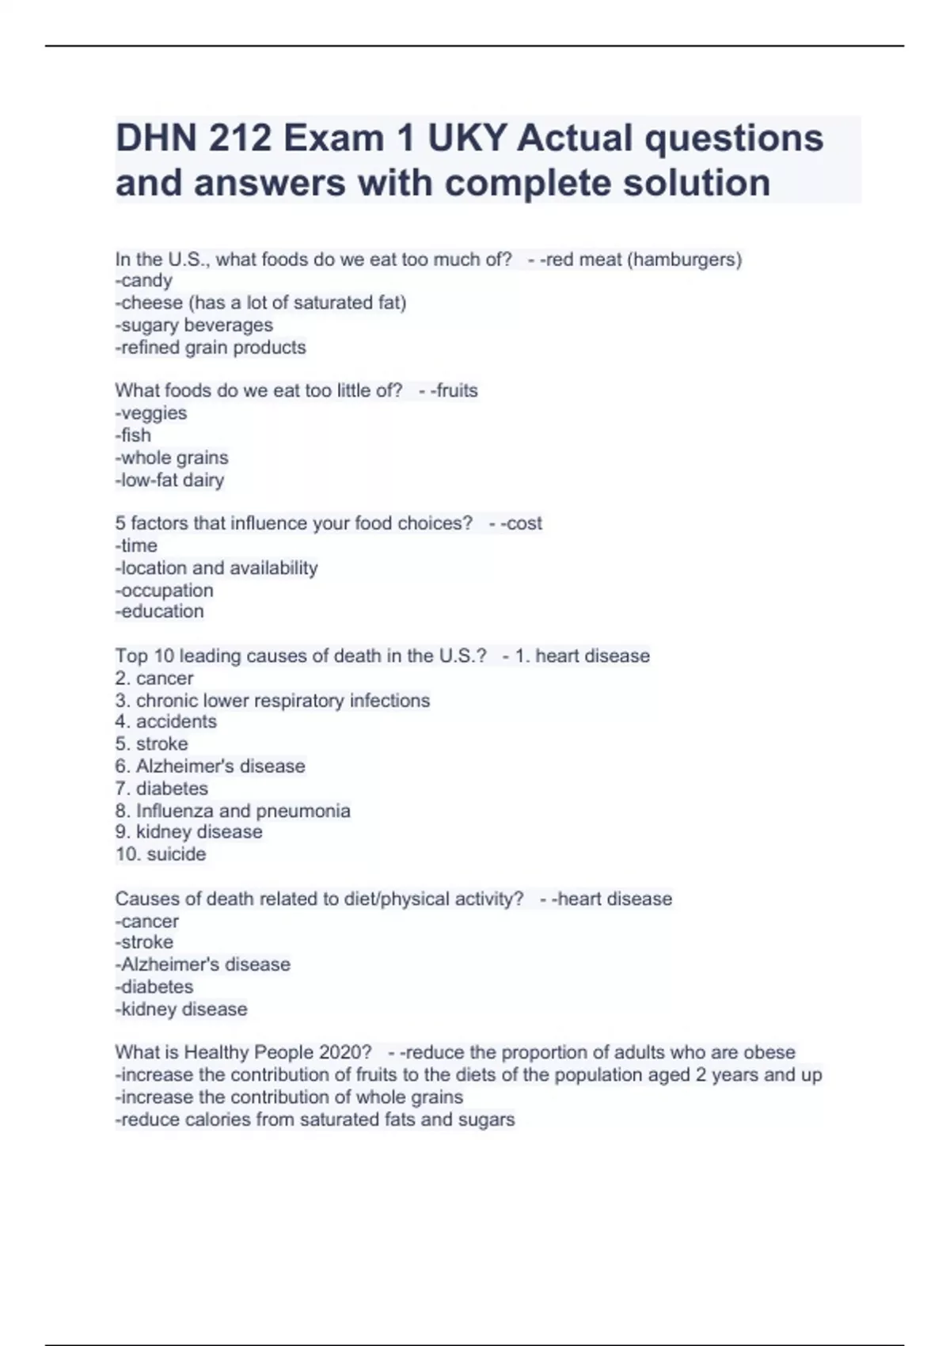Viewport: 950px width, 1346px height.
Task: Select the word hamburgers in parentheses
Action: (684, 259)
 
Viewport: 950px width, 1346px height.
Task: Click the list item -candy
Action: (143, 280)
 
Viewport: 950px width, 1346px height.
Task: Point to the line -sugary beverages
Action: (194, 325)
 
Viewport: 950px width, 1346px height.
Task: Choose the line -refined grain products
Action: (211, 347)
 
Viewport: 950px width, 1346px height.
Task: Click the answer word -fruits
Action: (454, 390)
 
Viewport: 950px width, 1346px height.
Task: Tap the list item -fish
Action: (133, 435)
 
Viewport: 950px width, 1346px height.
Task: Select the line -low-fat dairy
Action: (169, 480)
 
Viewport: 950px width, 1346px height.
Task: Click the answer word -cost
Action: (521, 523)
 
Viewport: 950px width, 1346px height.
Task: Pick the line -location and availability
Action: (216, 568)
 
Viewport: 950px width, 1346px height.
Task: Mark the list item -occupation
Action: (164, 590)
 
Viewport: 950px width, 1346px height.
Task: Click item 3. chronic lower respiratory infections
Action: (272, 700)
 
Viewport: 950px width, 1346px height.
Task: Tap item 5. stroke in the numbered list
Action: (151, 743)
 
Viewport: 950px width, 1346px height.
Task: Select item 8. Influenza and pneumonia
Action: (233, 810)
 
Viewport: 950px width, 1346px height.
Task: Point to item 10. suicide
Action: (161, 854)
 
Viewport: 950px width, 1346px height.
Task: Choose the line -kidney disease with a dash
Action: (181, 1009)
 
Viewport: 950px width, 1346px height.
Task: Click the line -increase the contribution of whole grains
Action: (289, 1097)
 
